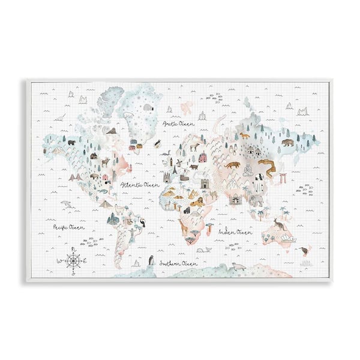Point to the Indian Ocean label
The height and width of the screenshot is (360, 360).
[x=234, y=231]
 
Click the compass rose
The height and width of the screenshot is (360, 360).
[x=73, y=260]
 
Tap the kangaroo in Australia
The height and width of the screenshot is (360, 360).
[x=278, y=224]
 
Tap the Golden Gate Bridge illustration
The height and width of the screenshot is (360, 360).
[x=75, y=177]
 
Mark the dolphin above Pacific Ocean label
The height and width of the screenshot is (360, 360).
[x=66, y=205]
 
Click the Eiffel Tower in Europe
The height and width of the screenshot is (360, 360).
[x=173, y=172]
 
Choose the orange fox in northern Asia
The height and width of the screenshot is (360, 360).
[x=244, y=136]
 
